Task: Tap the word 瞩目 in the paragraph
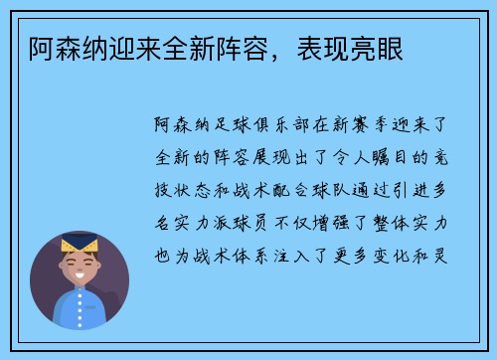pyautogui.click(x=395, y=160)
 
